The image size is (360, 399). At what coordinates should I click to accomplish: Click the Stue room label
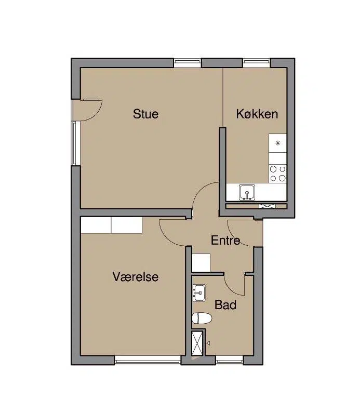(x=145, y=114)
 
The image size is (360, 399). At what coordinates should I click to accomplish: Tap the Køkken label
(x=257, y=114)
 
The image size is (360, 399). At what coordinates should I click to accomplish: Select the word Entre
(x=225, y=240)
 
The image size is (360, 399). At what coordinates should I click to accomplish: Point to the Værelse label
(x=136, y=276)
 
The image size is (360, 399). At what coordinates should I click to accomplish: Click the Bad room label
(x=225, y=304)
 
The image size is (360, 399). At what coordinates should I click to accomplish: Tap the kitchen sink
(x=247, y=192)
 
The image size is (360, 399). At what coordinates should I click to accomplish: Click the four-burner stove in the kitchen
(x=277, y=174)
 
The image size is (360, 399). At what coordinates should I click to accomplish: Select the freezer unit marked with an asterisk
(x=277, y=143)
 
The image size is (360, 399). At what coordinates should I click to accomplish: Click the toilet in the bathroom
(x=202, y=318)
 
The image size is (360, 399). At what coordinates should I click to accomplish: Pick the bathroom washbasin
(x=199, y=293)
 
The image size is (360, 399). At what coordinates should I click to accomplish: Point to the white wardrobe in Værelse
(x=111, y=225)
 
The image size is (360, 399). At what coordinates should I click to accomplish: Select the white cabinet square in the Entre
(x=201, y=262)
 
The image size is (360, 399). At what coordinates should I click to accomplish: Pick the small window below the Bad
(x=230, y=360)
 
